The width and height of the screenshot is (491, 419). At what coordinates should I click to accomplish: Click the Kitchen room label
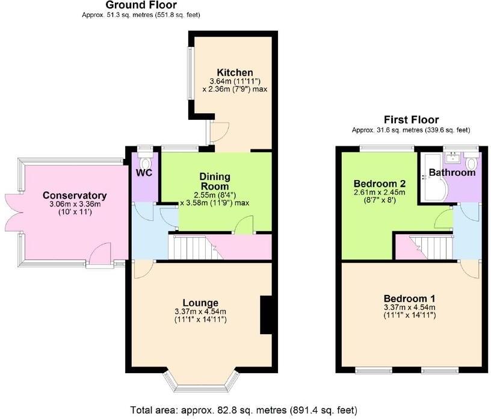pyautogui.click(x=231, y=72)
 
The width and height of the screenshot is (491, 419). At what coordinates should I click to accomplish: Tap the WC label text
pyautogui.click(x=144, y=173)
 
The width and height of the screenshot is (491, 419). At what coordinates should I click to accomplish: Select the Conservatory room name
pyautogui.click(x=75, y=196)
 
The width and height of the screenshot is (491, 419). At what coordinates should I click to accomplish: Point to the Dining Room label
pyautogui.click(x=215, y=181)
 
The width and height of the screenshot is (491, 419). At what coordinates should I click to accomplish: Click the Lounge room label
pyautogui.click(x=201, y=302)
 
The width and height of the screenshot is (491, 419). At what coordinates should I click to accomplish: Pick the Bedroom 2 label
pyautogui.click(x=380, y=183)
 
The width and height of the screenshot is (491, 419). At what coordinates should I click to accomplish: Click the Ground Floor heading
pyautogui.click(x=141, y=5)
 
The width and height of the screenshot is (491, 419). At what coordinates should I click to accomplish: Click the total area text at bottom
pyautogui.click(x=244, y=410)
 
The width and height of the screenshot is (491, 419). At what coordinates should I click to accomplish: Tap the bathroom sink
pyautogui.click(x=451, y=159)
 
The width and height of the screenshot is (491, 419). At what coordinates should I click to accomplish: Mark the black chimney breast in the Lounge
pyautogui.click(x=265, y=315)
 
